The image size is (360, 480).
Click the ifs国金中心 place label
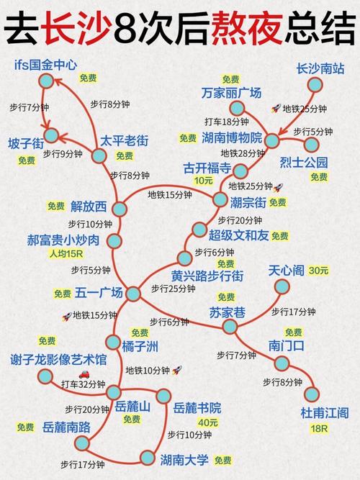pos(45,64)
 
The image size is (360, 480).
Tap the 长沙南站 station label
pos(320,68)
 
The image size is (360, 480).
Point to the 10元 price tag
pos(204,181)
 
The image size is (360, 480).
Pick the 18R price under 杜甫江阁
pos(318,428)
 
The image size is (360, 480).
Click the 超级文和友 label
pos(238,235)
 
